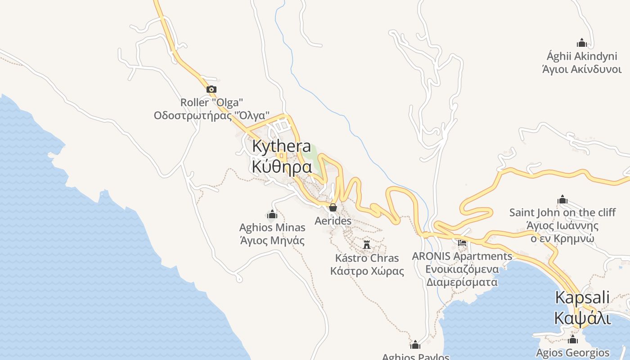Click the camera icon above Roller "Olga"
[211, 90]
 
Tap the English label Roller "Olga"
[211, 103]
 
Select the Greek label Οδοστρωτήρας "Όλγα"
[211, 115]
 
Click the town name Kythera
[282, 146]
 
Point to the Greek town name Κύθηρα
[282, 166]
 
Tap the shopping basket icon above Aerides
[333, 207]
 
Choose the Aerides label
[333, 221]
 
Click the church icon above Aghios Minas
[272, 215]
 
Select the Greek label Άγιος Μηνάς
[272, 240]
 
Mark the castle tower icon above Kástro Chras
[367, 244]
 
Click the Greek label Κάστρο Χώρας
[367, 271]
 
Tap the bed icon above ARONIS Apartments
[462, 243]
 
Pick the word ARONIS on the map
[432, 256]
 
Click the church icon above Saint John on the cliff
[562, 200]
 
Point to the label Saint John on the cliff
[562, 212]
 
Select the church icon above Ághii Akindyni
[582, 43]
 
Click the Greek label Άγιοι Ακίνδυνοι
[582, 69]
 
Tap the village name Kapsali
[582, 297]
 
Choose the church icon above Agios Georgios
[573, 339]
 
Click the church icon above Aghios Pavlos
[415, 345]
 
